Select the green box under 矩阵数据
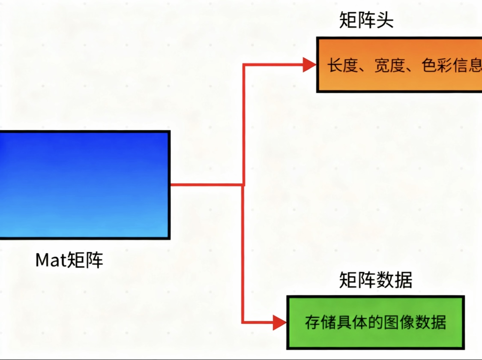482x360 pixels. (375, 322)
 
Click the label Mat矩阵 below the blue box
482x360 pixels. (69, 260)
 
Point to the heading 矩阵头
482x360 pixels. (366, 20)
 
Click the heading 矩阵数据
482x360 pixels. (375, 280)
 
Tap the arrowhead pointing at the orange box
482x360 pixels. (309, 65)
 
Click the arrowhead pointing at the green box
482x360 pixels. (279, 322)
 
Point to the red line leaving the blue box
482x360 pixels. (206, 185)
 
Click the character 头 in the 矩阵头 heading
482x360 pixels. (384, 20)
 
